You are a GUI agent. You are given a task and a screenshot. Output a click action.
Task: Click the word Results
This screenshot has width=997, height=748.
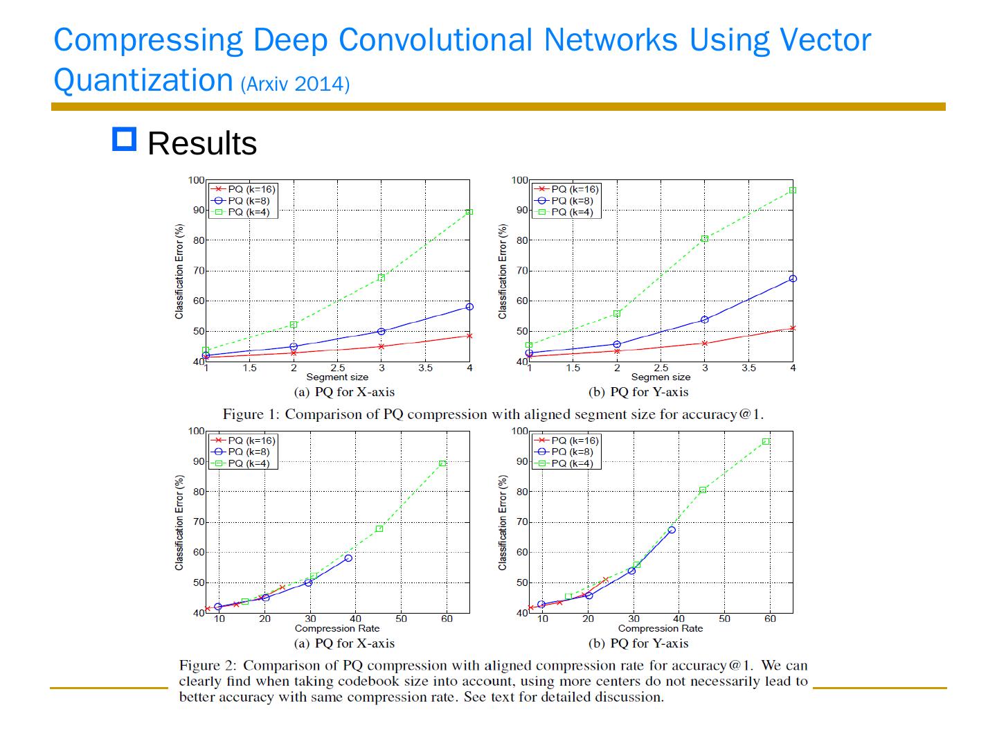(x=202, y=144)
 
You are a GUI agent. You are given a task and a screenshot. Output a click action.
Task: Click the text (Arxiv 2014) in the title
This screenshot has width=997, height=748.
(x=295, y=84)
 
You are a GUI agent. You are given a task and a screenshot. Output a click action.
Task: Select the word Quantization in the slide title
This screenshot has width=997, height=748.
(x=143, y=80)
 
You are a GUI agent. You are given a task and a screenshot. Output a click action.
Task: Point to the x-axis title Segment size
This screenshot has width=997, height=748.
(x=337, y=377)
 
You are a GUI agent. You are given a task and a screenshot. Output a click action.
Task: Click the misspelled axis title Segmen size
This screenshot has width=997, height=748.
(x=661, y=377)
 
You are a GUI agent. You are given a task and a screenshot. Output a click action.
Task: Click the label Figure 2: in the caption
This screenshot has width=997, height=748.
(x=207, y=666)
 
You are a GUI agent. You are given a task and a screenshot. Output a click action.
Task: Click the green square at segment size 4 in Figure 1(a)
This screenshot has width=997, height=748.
(x=469, y=212)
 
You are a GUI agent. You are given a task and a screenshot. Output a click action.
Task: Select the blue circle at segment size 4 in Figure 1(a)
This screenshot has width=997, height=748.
(x=469, y=306)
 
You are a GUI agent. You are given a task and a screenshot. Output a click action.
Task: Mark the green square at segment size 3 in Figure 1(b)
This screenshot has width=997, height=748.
(x=705, y=238)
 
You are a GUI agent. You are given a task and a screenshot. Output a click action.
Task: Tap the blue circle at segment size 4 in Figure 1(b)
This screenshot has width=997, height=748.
(x=793, y=278)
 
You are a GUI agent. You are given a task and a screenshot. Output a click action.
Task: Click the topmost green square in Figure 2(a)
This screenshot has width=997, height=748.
(x=442, y=463)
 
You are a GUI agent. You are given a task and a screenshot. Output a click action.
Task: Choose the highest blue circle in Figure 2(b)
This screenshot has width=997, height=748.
(x=672, y=530)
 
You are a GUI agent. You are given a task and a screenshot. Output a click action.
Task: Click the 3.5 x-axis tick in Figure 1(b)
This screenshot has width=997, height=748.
(x=748, y=368)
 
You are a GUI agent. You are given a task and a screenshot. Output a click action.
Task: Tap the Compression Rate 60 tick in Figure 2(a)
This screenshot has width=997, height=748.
(x=447, y=618)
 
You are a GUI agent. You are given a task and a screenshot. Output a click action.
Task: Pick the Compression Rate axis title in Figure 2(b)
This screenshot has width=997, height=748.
(x=660, y=629)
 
